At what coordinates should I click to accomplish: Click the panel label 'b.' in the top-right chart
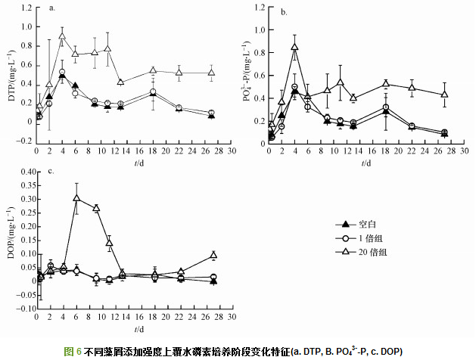(283, 11)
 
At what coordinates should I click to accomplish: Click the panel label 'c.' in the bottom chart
(51, 171)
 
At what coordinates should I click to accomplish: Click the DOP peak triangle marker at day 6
(76, 198)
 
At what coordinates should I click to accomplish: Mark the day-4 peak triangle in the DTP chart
(62, 36)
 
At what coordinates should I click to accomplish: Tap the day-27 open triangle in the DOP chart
(213, 255)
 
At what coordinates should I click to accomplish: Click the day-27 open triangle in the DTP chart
(211, 73)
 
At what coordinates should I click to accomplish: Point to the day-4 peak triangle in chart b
(294, 47)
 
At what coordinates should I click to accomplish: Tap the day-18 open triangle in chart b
(385, 84)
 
